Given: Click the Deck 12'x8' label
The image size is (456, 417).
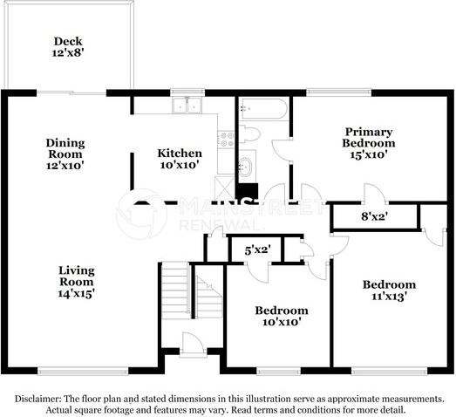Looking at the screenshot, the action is (x=68, y=47).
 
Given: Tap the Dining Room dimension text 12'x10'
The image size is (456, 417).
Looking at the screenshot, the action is (x=65, y=166).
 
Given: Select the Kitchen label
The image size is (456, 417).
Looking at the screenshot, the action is (x=180, y=153).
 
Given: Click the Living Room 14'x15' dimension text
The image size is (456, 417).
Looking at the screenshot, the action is (x=75, y=293).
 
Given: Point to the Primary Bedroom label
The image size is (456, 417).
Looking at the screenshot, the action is (x=369, y=137).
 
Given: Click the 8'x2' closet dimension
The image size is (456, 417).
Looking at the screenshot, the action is (x=375, y=216).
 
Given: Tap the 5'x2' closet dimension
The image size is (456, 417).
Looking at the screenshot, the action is (x=258, y=250).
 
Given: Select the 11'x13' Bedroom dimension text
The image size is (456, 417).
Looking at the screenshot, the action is (x=389, y=297).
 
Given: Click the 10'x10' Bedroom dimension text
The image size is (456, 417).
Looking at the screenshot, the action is (x=282, y=322).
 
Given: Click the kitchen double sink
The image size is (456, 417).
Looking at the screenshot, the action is (x=187, y=105).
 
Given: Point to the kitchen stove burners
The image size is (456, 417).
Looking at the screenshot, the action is (x=226, y=139).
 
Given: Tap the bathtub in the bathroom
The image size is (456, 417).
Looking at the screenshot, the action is (x=264, y=109).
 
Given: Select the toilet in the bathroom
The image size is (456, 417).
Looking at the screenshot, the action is (x=249, y=134).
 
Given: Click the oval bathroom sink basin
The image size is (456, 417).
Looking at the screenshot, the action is (x=247, y=167).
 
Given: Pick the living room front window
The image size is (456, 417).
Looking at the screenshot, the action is (x=83, y=371).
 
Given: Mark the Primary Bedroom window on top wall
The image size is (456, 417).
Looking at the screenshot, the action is (x=339, y=92).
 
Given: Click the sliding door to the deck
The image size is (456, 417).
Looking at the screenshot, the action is (x=71, y=92).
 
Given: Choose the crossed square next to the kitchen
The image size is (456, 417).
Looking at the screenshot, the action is (x=224, y=187).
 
